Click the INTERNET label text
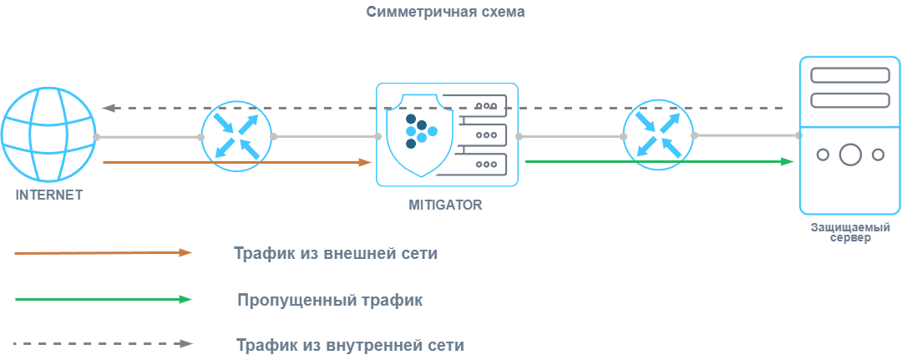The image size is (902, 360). [49, 195]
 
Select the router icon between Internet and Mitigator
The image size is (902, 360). [237, 136]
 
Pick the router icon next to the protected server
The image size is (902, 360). [658, 135]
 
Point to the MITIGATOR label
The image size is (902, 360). [445, 205]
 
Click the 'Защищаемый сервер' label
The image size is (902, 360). [850, 232]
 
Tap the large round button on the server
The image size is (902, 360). [850, 155]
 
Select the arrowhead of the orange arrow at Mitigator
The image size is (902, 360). [365, 162]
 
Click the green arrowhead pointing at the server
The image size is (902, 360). [788, 161]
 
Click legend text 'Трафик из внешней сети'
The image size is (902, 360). [336, 253]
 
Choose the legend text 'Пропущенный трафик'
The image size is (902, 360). [329, 299]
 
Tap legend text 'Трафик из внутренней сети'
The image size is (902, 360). [350, 344]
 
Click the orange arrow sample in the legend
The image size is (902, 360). [104, 252]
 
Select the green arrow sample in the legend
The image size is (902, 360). [104, 298]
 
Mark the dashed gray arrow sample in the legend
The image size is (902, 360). [104, 343]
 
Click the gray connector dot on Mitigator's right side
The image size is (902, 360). [519, 136]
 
